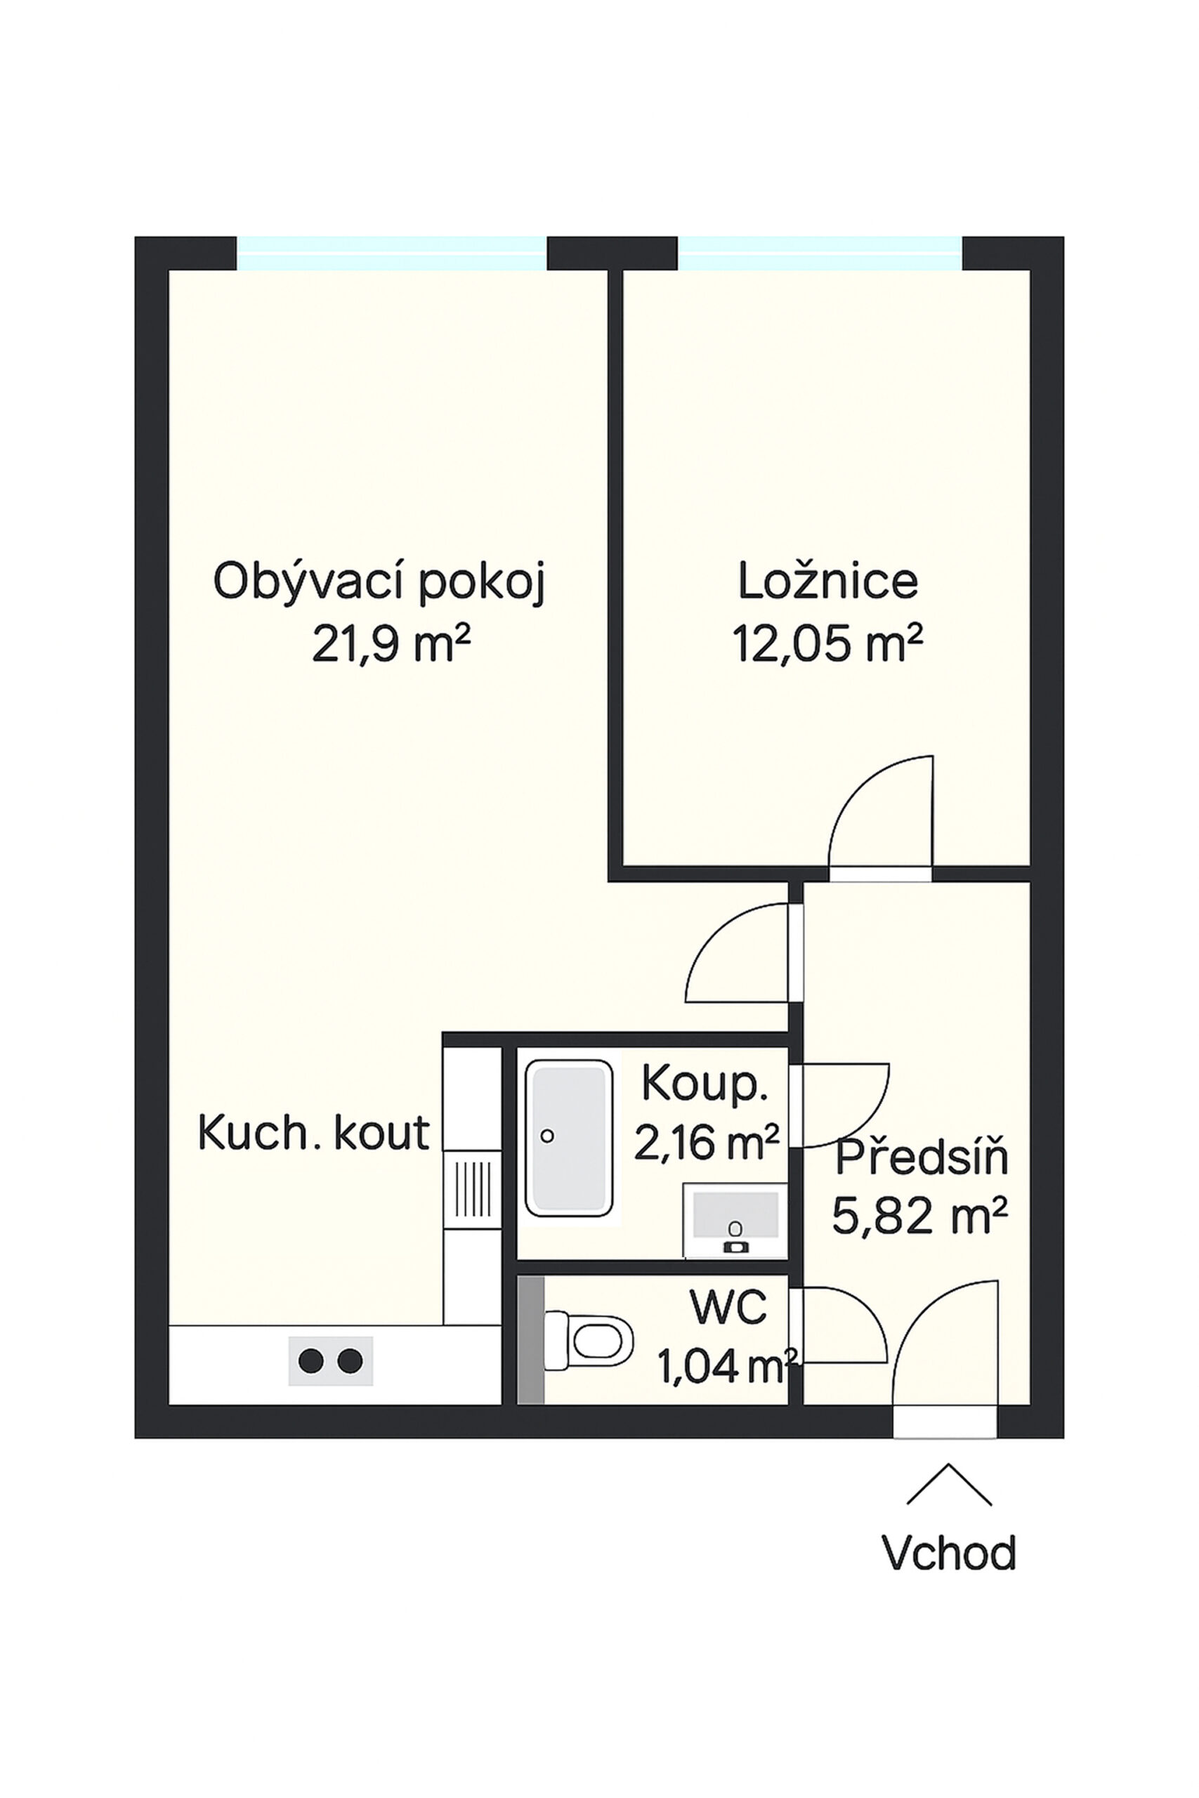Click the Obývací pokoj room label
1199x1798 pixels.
[x=379, y=582]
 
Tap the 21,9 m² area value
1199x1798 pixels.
[x=390, y=643]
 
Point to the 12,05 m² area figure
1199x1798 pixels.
[x=828, y=643]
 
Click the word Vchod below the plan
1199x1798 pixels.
[x=949, y=1553]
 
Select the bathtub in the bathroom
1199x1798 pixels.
[x=569, y=1138]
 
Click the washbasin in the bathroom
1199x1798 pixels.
[x=735, y=1220]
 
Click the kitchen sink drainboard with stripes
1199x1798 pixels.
[x=473, y=1190]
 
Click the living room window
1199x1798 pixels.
[x=391, y=253]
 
